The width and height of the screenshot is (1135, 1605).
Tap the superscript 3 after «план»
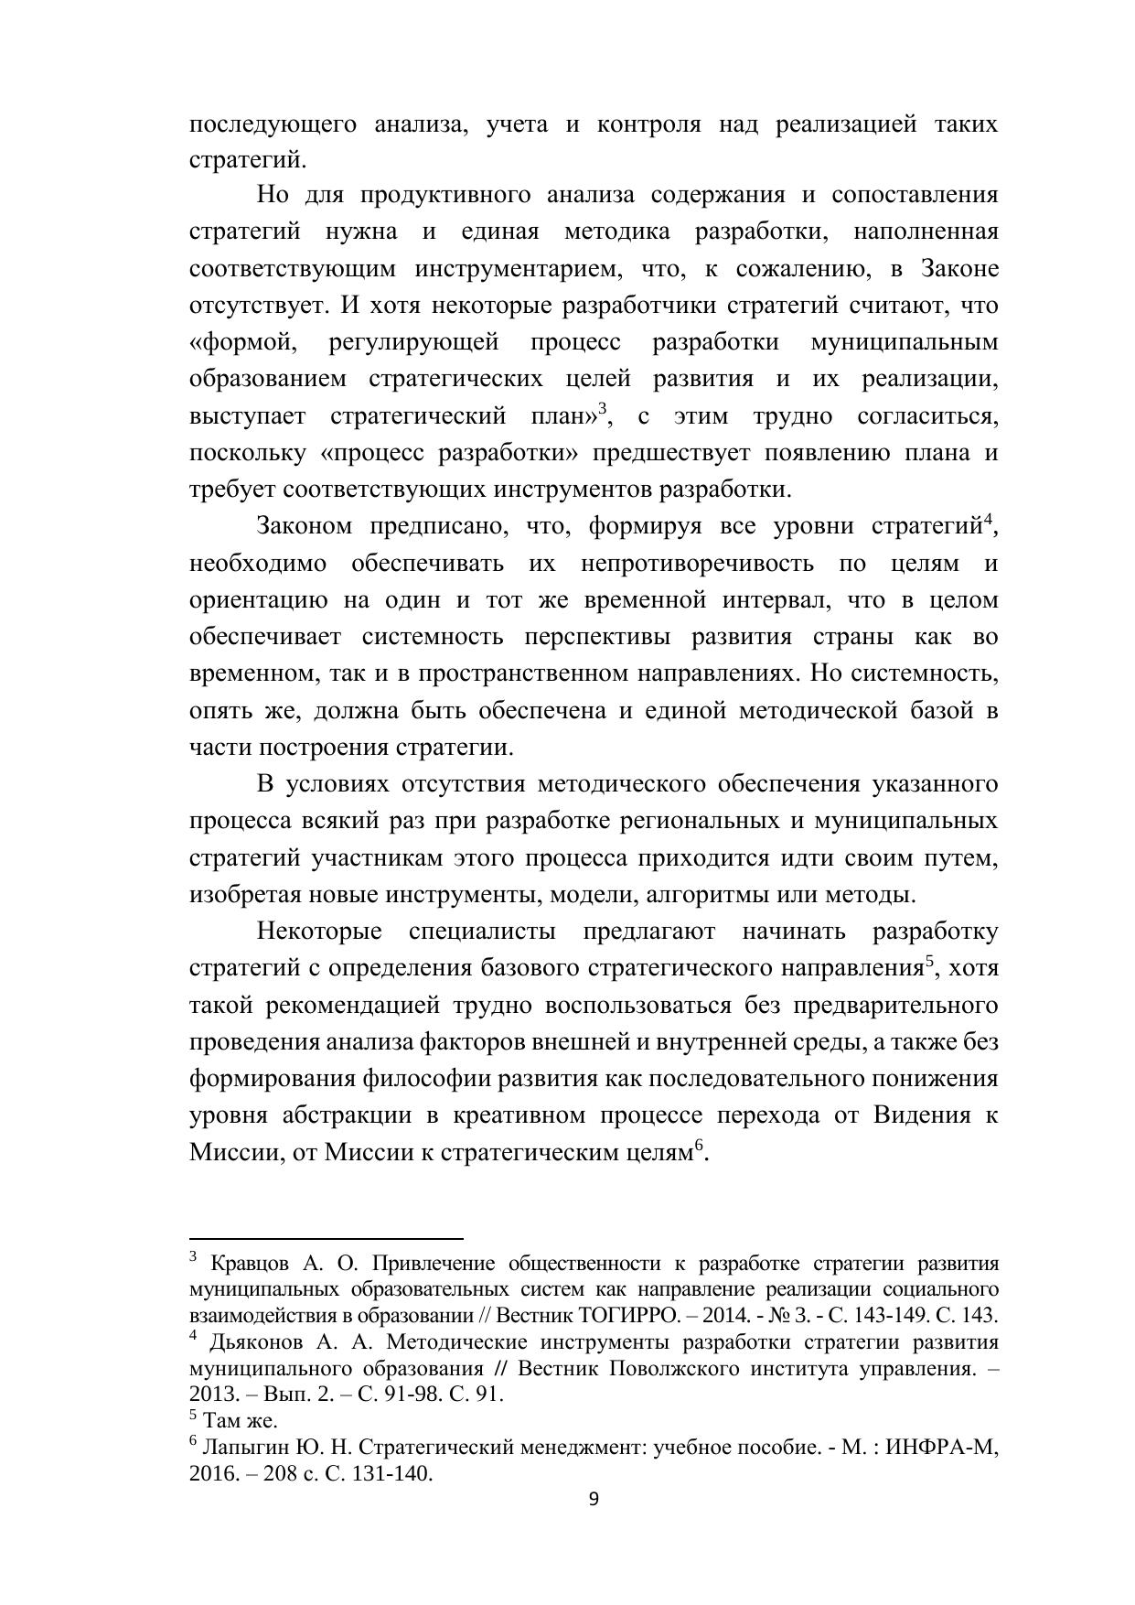tap(603, 408)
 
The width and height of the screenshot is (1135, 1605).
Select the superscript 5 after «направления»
tap(930, 960)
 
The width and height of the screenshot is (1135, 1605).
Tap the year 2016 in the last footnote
tap(212, 1474)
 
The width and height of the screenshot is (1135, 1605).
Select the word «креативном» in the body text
tap(518, 1115)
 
